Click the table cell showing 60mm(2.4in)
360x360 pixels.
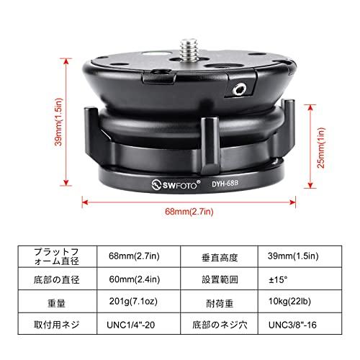pyautogui.click(x=133, y=278)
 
